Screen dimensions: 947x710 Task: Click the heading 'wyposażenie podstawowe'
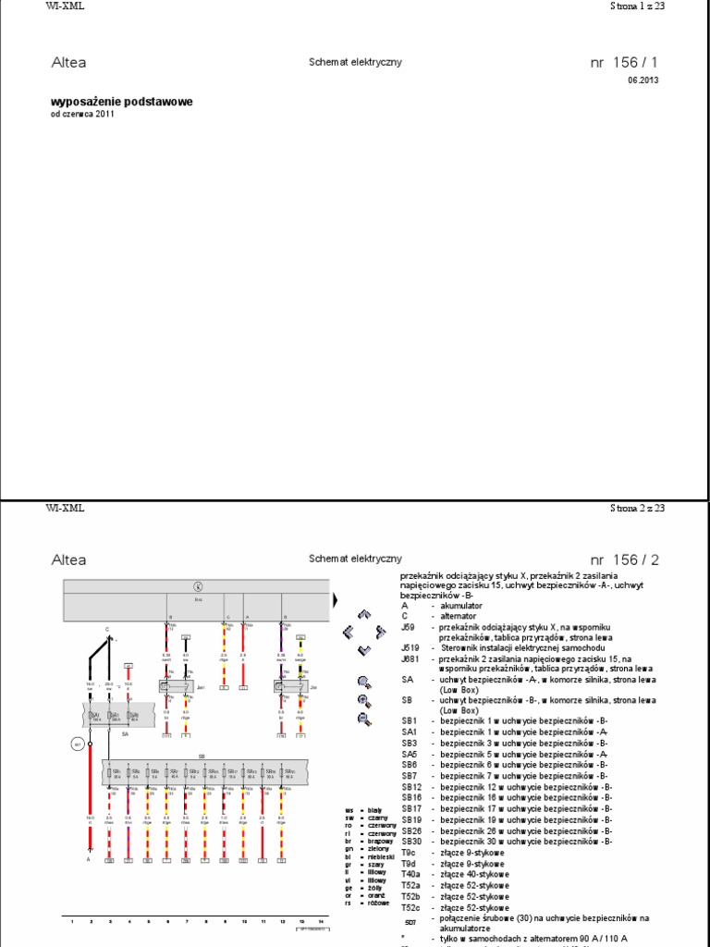coord(121,102)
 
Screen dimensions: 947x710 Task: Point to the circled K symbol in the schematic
coord(196,586)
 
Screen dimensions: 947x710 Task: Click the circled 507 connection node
coord(78,744)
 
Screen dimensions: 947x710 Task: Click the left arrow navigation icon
coord(349,633)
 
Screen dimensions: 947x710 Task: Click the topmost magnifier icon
coord(363,683)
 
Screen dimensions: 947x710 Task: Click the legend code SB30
coord(411,841)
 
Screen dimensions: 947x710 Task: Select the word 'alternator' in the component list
coord(459,615)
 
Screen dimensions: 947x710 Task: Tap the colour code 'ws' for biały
coord(349,810)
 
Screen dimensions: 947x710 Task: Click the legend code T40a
coord(411,874)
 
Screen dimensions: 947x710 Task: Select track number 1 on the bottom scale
coord(71,921)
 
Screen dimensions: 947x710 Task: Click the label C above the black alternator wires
coord(106,630)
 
